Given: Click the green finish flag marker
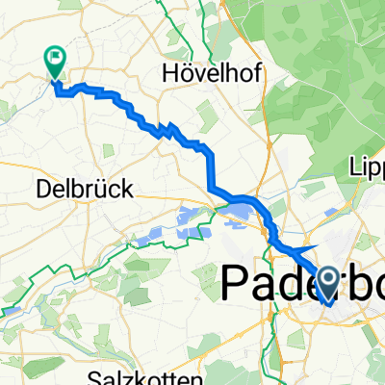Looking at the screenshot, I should coord(55,63).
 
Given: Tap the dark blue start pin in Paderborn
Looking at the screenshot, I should coord(327,284).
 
